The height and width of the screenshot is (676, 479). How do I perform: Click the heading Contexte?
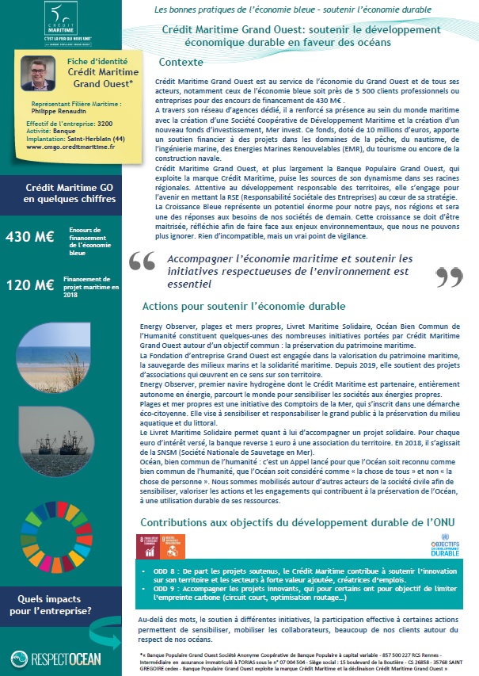click(181, 62)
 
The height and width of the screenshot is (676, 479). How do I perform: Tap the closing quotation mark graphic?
click(449, 277)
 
